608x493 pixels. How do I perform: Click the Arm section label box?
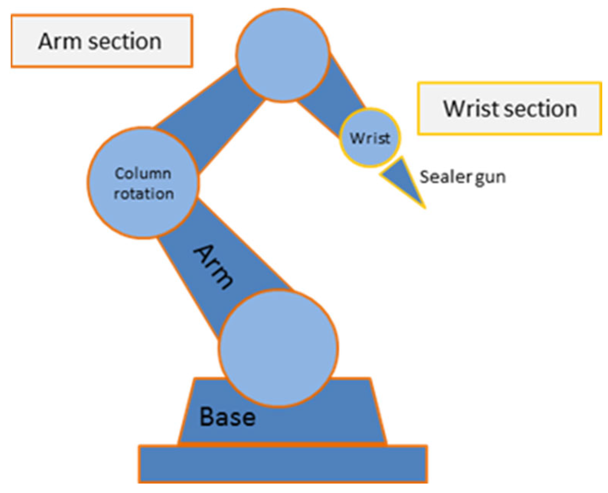101,41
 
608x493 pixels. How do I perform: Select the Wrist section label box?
509,108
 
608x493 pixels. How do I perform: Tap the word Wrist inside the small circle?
370,138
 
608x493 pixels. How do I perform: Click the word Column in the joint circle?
143,174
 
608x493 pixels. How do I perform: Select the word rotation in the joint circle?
144,194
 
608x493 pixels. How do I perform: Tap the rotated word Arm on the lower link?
213,267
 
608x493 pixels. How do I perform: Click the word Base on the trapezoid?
228,417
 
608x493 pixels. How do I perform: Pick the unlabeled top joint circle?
283,55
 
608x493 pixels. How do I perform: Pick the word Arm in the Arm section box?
61,41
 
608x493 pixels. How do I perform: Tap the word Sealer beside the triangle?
446,177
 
